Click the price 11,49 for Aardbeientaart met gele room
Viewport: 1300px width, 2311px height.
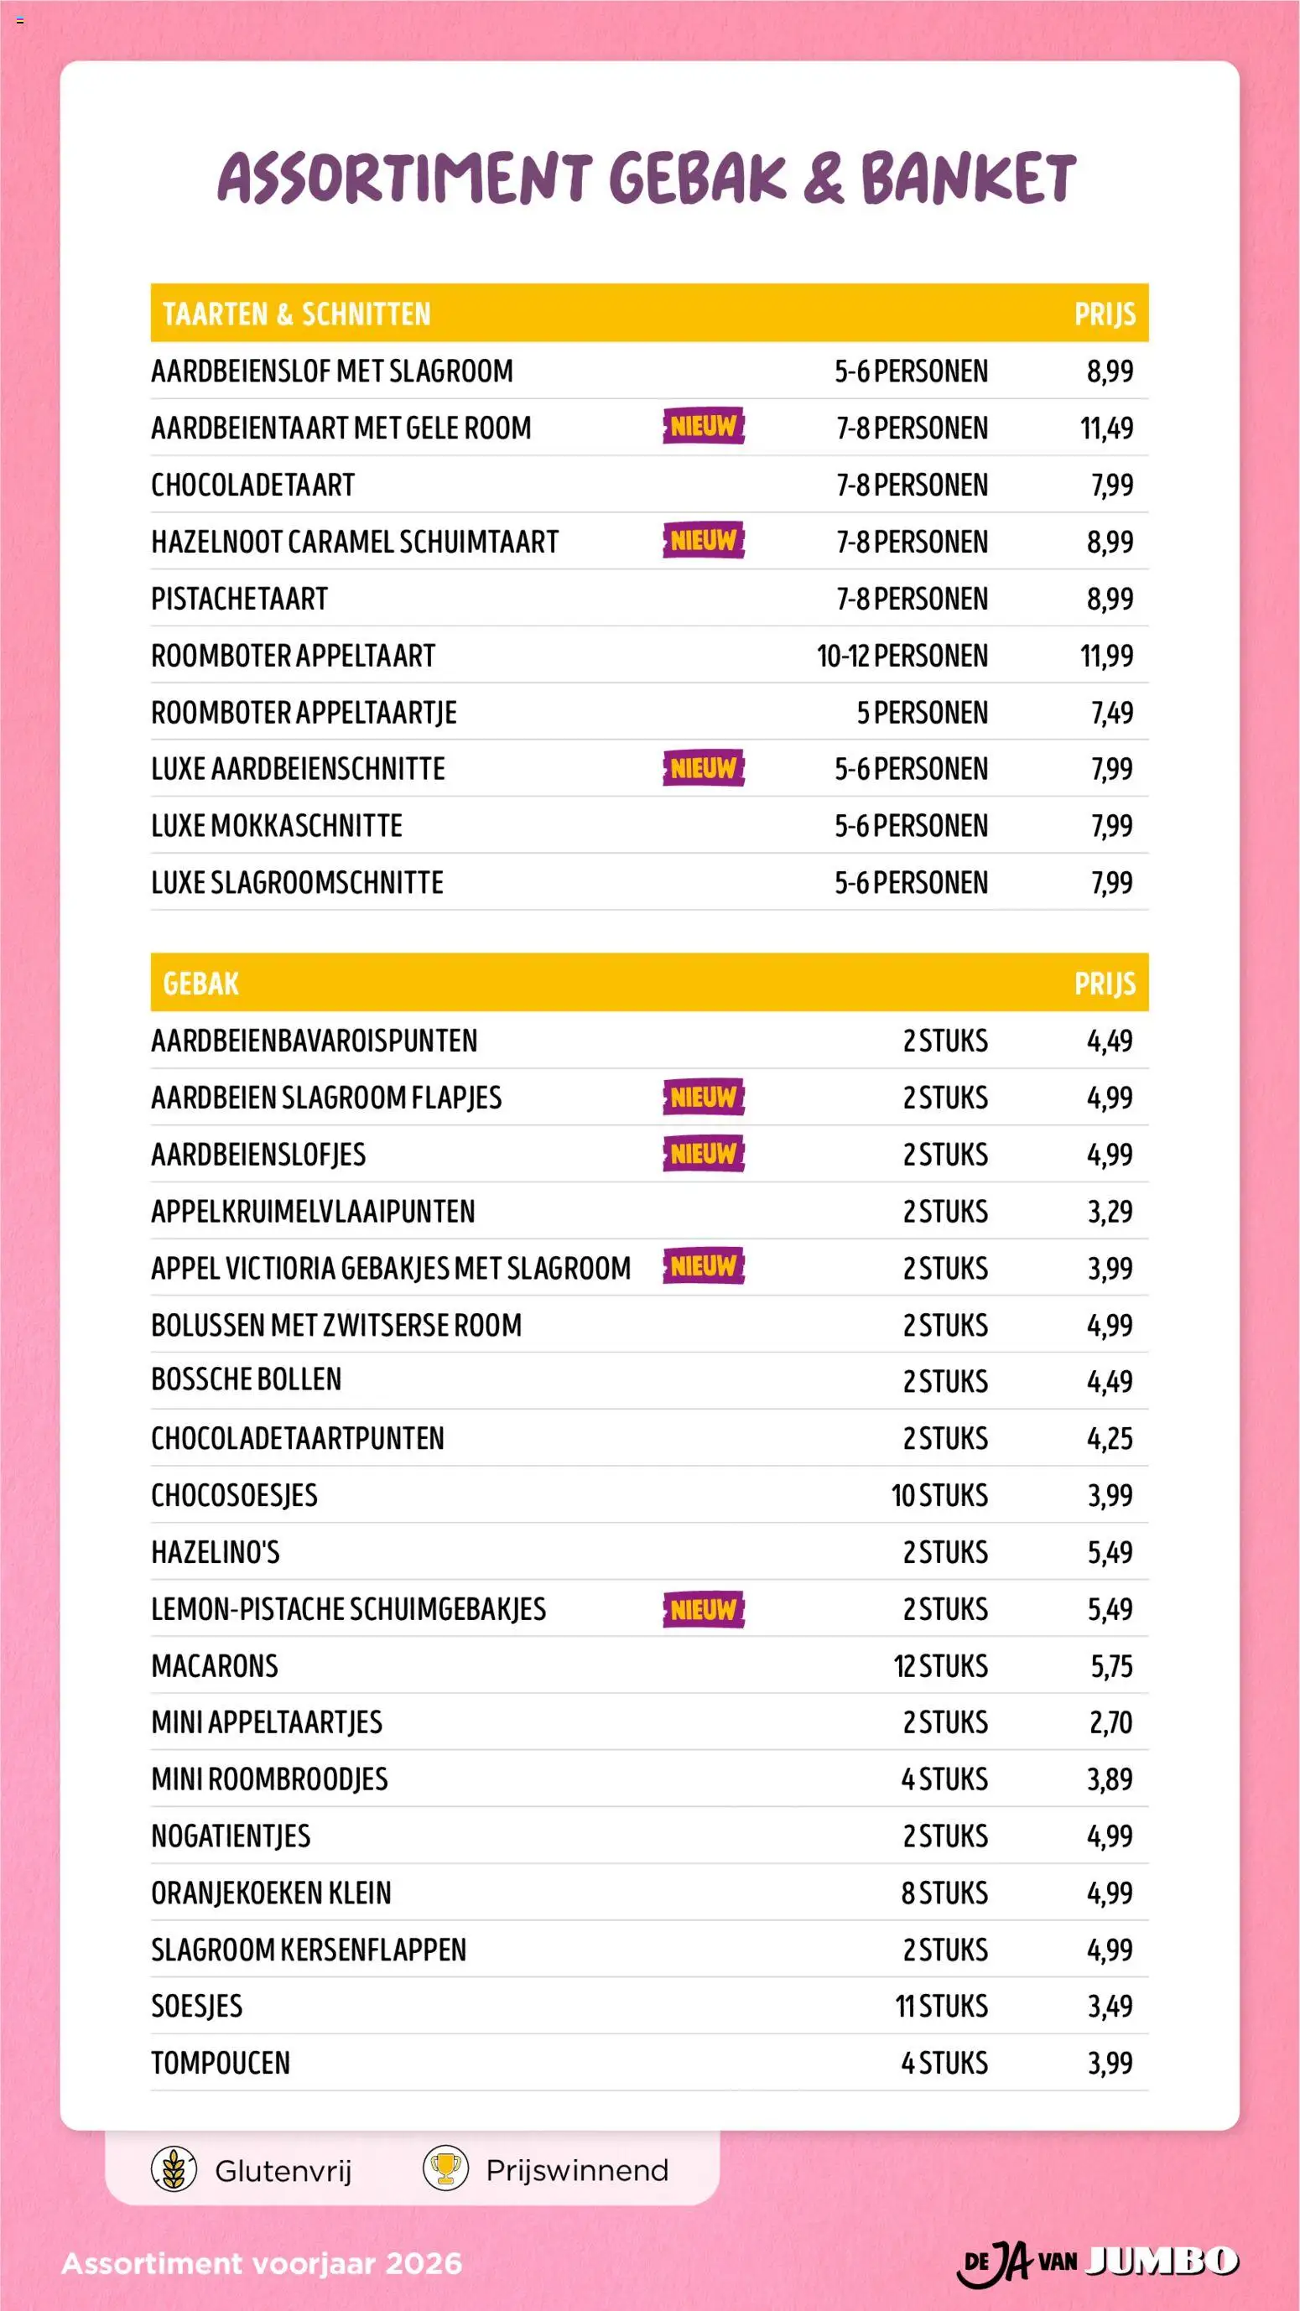coord(1105,428)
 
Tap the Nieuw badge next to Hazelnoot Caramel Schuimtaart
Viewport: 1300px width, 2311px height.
coord(704,541)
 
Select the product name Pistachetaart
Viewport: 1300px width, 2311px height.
coord(240,600)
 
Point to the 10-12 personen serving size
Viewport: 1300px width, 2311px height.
coord(902,656)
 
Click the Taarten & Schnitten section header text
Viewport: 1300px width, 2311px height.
coord(297,314)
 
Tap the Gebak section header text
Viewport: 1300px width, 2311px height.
coord(201,984)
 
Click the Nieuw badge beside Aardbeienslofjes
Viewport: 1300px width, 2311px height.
coord(704,1154)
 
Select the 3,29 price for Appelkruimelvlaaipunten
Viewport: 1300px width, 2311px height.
coord(1110,1212)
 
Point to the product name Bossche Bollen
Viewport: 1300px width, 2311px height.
coord(247,1379)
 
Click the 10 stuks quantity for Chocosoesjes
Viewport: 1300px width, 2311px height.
coord(939,1495)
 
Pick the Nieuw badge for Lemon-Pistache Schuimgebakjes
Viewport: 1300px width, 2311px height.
coord(704,1609)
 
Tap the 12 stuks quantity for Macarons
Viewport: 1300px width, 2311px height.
coord(940,1667)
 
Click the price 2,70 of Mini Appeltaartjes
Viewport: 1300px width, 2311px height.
coord(1110,1722)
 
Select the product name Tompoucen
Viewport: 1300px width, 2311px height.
coord(221,2064)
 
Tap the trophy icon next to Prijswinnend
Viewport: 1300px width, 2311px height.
coord(445,2170)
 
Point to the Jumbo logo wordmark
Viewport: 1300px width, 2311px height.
coord(1162,2261)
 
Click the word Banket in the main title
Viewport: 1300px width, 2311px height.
coord(968,178)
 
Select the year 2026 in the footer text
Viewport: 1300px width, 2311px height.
coord(424,2263)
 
